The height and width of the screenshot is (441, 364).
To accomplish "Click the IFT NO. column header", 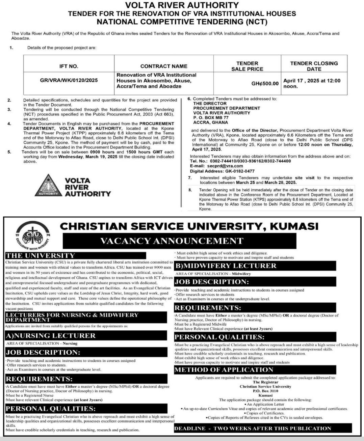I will [69, 66].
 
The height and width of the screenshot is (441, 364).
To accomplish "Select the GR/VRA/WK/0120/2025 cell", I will [69, 80].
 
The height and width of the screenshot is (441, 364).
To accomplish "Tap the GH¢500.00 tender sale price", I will [265, 83].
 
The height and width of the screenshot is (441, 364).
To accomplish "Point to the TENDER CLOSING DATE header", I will [314, 66].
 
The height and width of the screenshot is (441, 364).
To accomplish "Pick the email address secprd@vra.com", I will [225, 166].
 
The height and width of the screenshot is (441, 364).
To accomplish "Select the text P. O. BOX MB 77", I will [211, 117].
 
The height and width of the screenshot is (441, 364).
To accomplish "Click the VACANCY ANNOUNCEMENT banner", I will [171, 241].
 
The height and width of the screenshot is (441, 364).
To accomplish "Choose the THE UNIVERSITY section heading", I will [41, 255].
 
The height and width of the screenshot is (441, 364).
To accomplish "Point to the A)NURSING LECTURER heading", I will [51, 335].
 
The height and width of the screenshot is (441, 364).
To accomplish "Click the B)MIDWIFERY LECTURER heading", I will [226, 266].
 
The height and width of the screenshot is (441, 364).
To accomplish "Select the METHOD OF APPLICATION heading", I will [224, 369].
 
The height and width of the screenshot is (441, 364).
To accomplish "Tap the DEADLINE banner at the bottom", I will [253, 428].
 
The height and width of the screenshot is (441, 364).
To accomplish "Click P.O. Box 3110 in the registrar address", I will [265, 391].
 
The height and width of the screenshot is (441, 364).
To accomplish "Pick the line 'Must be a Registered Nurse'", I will [30, 395].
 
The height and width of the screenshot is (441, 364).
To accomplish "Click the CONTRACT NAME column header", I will [164, 66].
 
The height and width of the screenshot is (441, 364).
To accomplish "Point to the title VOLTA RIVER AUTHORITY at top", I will [182, 5].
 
